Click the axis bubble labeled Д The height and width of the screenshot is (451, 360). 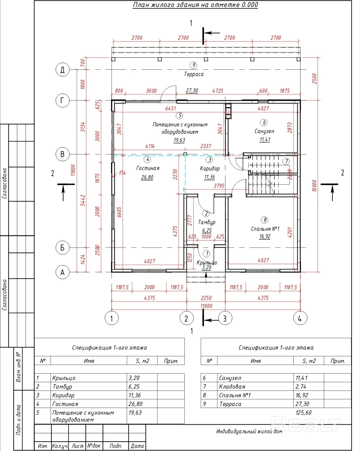tap(62, 70)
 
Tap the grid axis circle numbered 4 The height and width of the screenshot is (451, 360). tap(300, 318)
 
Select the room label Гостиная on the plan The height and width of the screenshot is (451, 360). tap(148, 168)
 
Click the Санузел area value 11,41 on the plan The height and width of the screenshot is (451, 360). tap(265, 139)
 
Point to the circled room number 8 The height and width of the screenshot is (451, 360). tap(265, 220)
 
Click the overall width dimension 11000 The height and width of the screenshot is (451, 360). tap(206, 306)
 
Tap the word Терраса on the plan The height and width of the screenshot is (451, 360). tap(194, 74)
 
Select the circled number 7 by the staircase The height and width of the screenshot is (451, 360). tap(286, 161)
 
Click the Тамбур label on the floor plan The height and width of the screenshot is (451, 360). tap(207, 222)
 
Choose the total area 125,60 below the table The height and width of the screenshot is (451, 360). tap(303, 413)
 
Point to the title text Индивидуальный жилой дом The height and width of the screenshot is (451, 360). tap(249, 431)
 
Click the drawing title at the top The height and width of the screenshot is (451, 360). tap(195, 5)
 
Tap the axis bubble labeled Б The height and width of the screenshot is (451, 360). tap(62, 248)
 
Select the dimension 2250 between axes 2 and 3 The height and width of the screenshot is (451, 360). tap(206, 298)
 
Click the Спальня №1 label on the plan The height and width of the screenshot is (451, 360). tap(265, 229)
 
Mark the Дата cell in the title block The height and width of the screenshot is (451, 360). tap(137, 446)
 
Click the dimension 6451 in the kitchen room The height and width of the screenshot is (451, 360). tap(170, 108)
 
